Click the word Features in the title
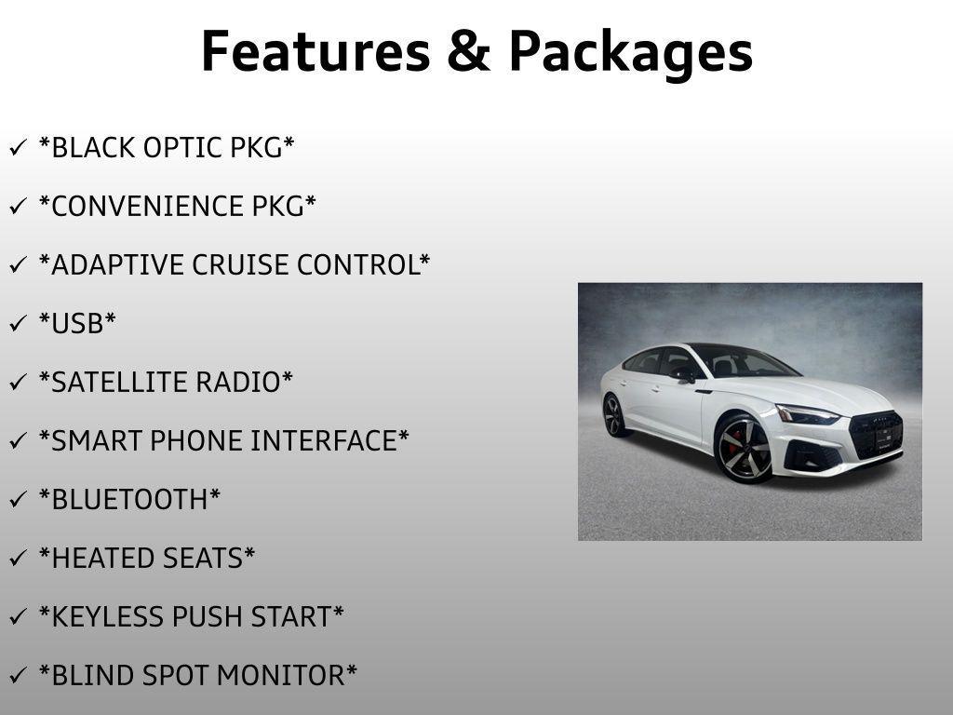click(314, 51)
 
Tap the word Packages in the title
click(630, 53)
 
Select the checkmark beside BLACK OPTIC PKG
click(18, 148)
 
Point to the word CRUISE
click(240, 265)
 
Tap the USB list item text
click(77, 324)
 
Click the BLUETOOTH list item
click(129, 500)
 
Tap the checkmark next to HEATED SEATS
click(18, 559)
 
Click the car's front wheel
click(744, 449)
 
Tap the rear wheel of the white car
click(613, 415)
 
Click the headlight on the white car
click(806, 415)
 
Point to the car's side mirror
click(685, 374)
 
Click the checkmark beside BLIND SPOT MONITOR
click(18, 676)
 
